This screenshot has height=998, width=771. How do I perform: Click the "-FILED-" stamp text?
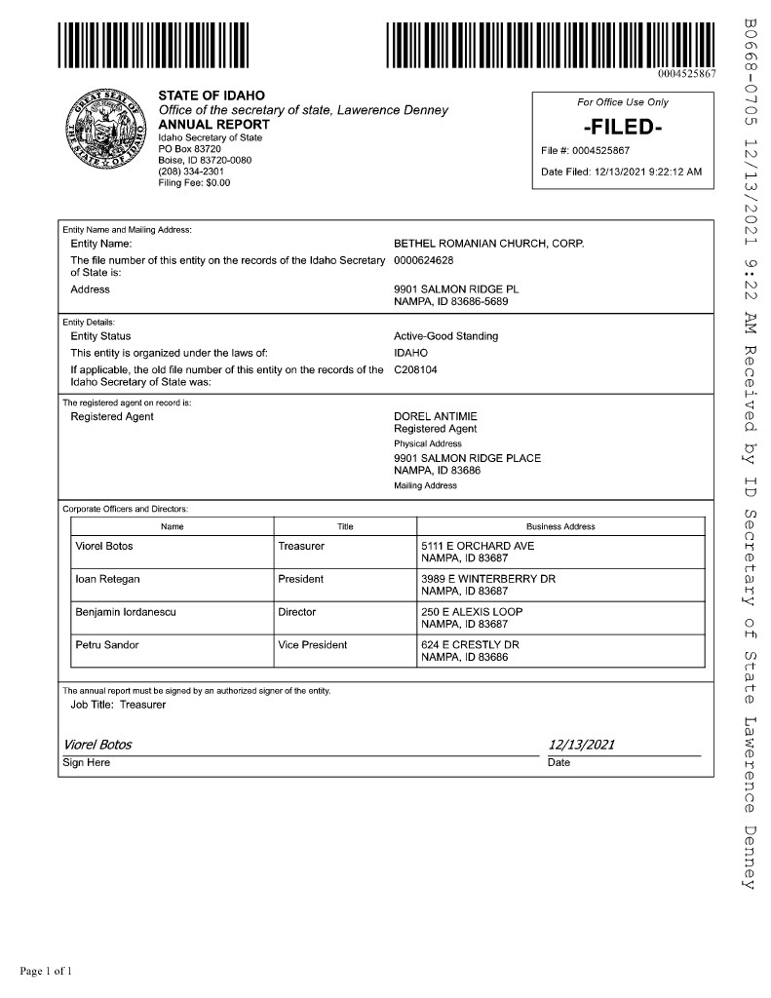pyautogui.click(x=623, y=127)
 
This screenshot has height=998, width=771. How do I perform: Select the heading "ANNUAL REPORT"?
pyautogui.click(x=213, y=125)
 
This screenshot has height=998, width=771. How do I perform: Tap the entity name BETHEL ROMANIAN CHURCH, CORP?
pyautogui.click(x=488, y=243)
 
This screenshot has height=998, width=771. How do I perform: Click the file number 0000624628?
pyautogui.click(x=423, y=260)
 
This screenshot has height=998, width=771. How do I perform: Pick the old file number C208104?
pyautogui.click(x=416, y=369)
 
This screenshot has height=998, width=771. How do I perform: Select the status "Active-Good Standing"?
pyautogui.click(x=445, y=336)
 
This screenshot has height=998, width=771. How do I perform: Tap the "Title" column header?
pyautogui.click(x=345, y=526)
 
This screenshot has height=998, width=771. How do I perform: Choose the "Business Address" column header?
pyautogui.click(x=560, y=526)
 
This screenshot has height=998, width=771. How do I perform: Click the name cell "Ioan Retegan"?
pyautogui.click(x=107, y=579)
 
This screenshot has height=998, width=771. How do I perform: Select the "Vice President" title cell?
pyautogui.click(x=312, y=645)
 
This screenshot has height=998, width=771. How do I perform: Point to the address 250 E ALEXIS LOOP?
pyautogui.click(x=472, y=612)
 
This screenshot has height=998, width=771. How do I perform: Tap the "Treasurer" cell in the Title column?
pyautogui.click(x=301, y=546)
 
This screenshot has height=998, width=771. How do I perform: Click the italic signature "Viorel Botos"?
pyautogui.click(x=97, y=746)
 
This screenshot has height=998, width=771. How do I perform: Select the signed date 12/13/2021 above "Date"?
pyautogui.click(x=582, y=746)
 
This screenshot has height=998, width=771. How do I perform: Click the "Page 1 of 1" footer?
pyautogui.click(x=47, y=970)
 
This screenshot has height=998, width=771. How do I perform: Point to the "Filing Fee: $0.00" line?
pyautogui.click(x=194, y=182)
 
